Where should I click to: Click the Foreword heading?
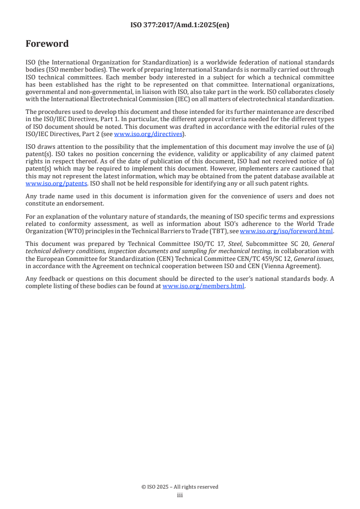[x=47, y=44]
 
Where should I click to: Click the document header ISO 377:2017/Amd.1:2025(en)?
[x=180, y=25]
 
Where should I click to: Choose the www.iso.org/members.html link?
[x=203, y=286]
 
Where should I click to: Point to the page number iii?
[x=180, y=495]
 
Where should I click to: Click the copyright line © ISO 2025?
[x=180, y=487]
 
